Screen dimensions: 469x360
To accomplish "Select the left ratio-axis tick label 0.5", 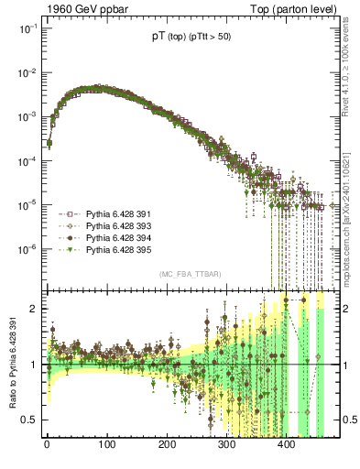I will (x=30, y=420).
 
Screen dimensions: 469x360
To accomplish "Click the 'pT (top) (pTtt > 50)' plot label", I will (x=191, y=39).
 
